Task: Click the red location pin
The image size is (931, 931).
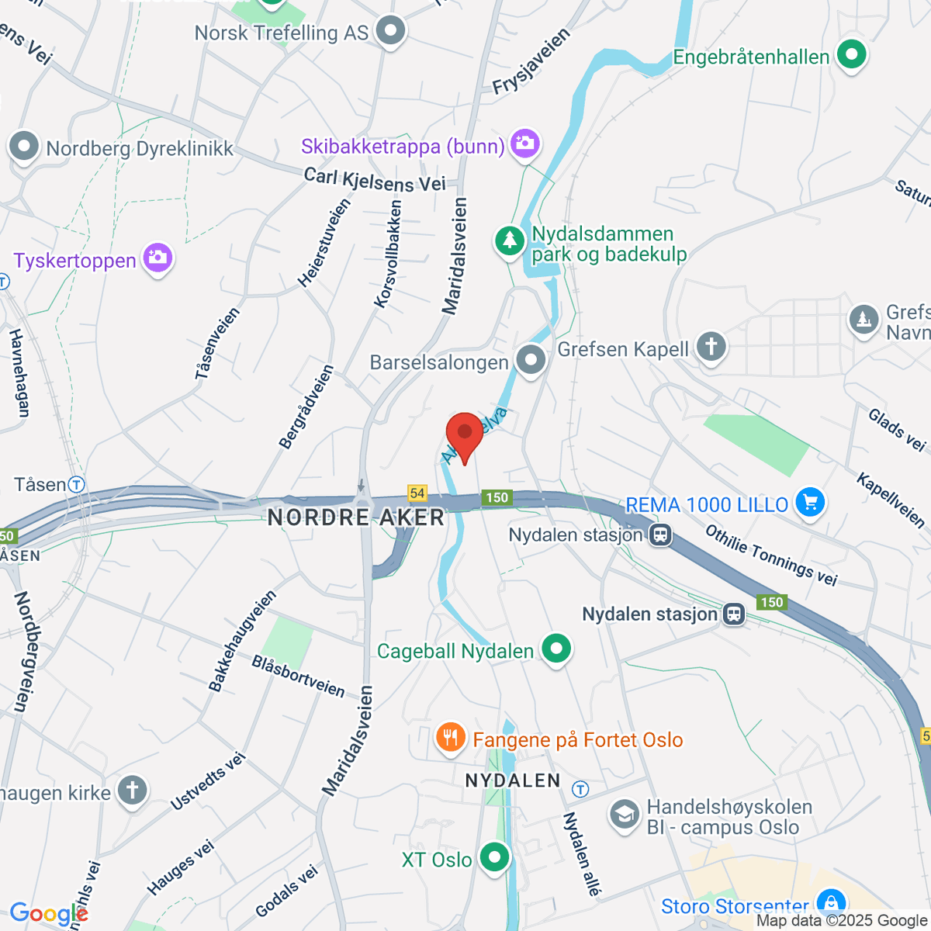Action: (x=465, y=434)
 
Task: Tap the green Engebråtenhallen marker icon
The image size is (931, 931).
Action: (x=852, y=56)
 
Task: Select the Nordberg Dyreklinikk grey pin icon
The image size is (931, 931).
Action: (x=23, y=147)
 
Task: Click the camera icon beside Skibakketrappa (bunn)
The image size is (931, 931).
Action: (x=525, y=144)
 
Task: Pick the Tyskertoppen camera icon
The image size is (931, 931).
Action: (x=157, y=259)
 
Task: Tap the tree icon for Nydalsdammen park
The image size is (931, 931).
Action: (x=510, y=240)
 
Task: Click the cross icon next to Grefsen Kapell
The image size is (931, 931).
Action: (x=711, y=347)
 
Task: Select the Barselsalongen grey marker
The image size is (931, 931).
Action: (x=531, y=360)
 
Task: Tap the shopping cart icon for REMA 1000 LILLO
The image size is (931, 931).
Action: (x=810, y=503)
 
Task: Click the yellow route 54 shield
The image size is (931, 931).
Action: (x=417, y=493)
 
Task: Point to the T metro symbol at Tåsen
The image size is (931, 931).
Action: (x=76, y=485)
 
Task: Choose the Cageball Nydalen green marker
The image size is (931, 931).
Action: (x=556, y=649)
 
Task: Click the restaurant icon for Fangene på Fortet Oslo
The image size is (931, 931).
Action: (x=450, y=737)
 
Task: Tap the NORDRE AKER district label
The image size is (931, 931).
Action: (x=356, y=517)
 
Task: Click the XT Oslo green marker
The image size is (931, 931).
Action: (x=494, y=858)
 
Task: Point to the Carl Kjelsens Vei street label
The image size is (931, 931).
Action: (x=375, y=180)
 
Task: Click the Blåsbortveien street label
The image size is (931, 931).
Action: (x=299, y=676)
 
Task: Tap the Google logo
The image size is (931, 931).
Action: (x=48, y=915)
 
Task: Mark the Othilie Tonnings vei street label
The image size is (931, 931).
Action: (x=771, y=555)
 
